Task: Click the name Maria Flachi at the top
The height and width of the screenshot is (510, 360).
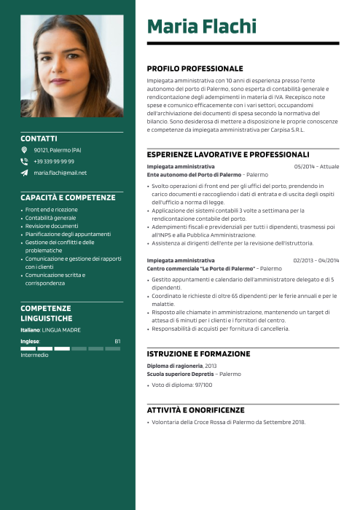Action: [202, 27]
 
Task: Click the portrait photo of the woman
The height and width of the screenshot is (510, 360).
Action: [72, 66]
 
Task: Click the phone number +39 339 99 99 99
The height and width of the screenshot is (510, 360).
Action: [54, 161]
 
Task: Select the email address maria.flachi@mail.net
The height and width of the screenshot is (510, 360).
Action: [60, 173]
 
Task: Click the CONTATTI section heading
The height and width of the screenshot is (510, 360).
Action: [39, 138]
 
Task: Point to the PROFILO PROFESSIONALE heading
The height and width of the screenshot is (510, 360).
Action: [195, 68]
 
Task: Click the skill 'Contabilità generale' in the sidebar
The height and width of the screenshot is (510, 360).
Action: [50, 218]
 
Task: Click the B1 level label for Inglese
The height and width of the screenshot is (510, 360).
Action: [117, 341]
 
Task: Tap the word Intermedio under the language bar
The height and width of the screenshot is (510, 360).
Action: [34, 355]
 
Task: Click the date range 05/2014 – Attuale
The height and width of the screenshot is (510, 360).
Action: [316, 167]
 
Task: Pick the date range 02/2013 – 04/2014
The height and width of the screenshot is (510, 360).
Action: [316, 260]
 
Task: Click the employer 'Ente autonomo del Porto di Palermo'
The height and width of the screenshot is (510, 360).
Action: [193, 175]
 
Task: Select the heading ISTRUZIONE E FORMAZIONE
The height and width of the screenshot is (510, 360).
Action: [198, 353]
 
